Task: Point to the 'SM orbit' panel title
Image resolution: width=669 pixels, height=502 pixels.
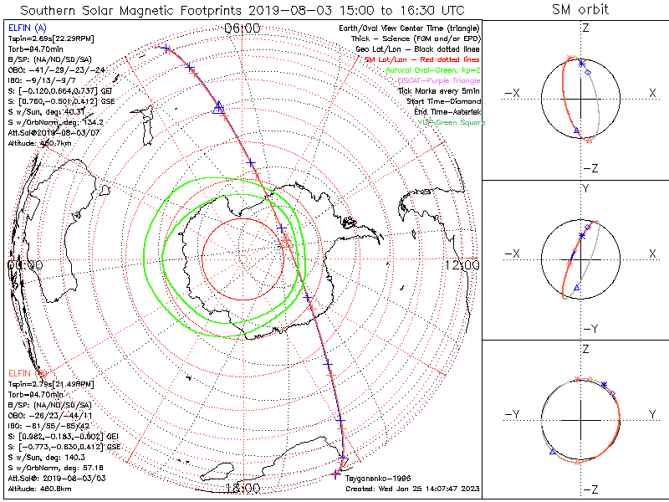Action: point(580,10)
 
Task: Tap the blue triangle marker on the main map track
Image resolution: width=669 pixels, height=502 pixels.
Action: point(219,106)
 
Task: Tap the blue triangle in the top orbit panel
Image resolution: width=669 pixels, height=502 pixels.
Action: point(576,130)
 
